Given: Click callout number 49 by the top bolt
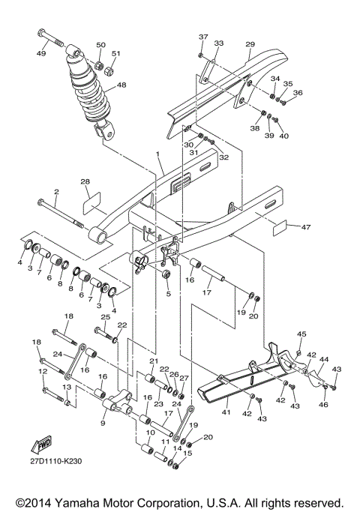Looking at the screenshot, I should coord(41,53).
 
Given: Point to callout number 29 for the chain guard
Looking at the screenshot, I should coord(250,46).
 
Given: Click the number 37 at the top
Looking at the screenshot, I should coord(202,37).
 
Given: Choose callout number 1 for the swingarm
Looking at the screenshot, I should coord(158,154).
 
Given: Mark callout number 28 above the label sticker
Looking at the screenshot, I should coord(85,182).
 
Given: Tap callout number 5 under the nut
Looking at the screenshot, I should coord(168,294).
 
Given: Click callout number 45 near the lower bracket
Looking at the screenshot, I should coord(301,334).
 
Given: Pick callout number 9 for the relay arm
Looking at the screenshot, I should coord(103,423).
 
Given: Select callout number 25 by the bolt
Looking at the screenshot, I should coord(106,318).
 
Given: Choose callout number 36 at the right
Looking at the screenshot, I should coord(298,93).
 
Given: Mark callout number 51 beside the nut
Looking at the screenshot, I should coord(115,54).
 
